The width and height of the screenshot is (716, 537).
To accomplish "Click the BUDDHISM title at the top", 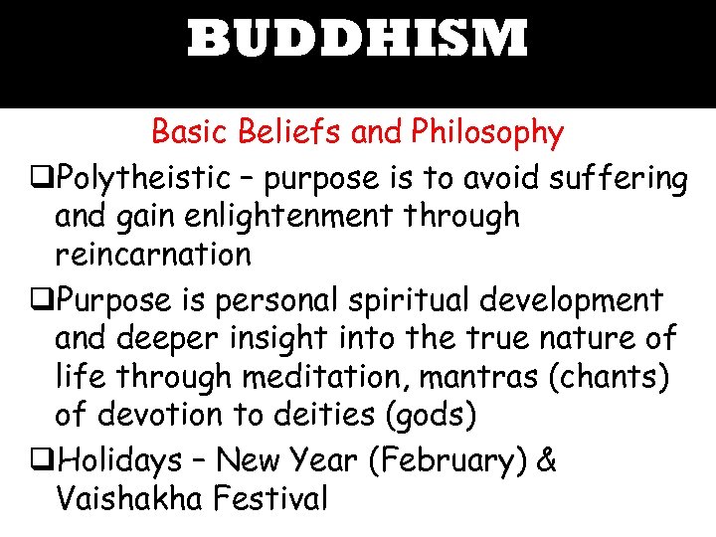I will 357,41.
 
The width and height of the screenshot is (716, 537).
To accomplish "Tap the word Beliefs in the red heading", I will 273,131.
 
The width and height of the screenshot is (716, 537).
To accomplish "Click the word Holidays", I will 120,460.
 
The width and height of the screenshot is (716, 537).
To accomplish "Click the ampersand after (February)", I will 546,460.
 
